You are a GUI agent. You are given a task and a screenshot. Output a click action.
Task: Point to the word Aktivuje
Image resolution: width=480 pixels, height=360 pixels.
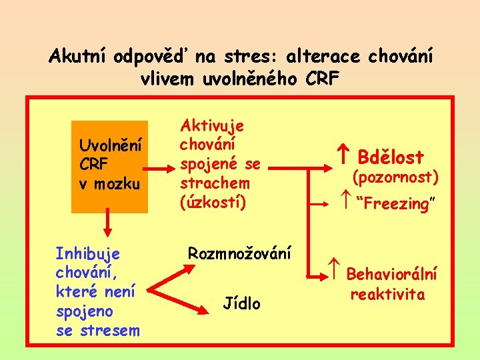[212, 125]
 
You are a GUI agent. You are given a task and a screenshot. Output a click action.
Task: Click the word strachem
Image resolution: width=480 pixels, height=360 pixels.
[215, 183]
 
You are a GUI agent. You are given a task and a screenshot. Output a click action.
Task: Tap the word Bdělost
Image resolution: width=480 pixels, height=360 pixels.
[391, 157]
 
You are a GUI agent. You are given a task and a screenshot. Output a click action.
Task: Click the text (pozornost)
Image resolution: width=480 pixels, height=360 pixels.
[395, 177]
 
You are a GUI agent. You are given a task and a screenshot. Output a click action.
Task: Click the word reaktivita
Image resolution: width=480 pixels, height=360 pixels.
[387, 295]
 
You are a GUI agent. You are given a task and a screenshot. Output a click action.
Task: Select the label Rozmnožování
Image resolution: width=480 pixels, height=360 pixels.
[239, 253]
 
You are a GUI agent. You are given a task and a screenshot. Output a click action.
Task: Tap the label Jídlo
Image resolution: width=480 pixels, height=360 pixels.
[242, 304]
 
